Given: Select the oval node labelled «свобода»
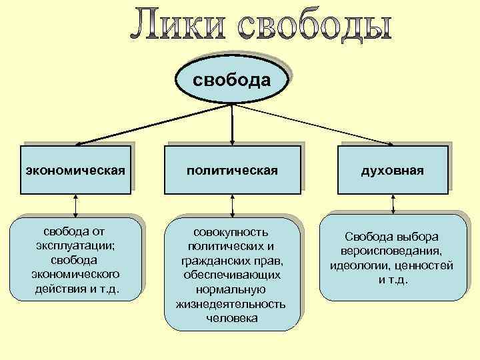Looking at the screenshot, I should coord(231,81).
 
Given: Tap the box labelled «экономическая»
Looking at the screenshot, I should coord(75,171).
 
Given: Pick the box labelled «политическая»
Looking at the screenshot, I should coord(231,171).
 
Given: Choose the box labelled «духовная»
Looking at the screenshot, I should coord(392,171).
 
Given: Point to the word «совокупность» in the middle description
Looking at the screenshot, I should coord(231,232).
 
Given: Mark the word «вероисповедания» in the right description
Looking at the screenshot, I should coord(392,251).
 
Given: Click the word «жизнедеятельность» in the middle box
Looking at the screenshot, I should coord(231,304).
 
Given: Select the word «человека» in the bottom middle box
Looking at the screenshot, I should coord(231,318).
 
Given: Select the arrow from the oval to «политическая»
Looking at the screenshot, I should coord(231,123).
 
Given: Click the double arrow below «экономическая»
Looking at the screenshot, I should coord(75,205).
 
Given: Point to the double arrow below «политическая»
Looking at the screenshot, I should coord(231,205).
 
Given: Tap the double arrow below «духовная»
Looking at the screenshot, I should coord(392,203).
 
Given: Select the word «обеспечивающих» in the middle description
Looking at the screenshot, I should coord(231,275).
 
